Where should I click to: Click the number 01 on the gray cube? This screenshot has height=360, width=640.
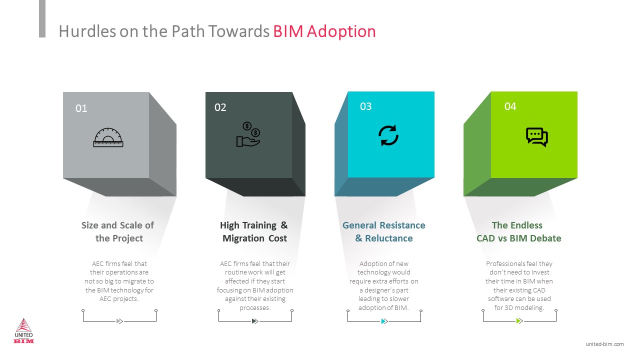point(81,108)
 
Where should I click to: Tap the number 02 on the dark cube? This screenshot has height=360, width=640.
point(220,107)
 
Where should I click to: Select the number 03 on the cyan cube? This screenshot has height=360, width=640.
point(365,106)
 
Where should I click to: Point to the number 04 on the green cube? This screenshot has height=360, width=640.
point(510,106)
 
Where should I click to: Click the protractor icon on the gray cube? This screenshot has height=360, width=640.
point(108,137)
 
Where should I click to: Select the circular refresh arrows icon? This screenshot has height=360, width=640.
point(388,135)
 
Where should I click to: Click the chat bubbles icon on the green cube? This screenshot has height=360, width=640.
point(537,137)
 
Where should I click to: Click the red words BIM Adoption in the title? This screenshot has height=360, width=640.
point(324,31)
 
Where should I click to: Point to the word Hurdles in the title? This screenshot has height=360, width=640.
point(87,31)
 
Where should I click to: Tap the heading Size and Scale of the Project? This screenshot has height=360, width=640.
point(118,231)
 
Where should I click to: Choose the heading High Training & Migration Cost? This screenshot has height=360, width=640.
point(254,231)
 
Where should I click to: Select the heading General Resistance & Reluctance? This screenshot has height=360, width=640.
point(383,231)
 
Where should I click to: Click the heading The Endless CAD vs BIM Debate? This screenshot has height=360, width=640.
point(518,231)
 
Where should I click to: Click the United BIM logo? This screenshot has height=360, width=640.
point(23,330)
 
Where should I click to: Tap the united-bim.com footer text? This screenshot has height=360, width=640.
point(604,344)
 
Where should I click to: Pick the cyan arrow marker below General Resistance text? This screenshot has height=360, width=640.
point(384,321)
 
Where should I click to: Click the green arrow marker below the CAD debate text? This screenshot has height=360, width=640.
point(519,321)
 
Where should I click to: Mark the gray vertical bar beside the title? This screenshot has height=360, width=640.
point(42,18)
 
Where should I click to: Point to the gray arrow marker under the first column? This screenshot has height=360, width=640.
point(119,321)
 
